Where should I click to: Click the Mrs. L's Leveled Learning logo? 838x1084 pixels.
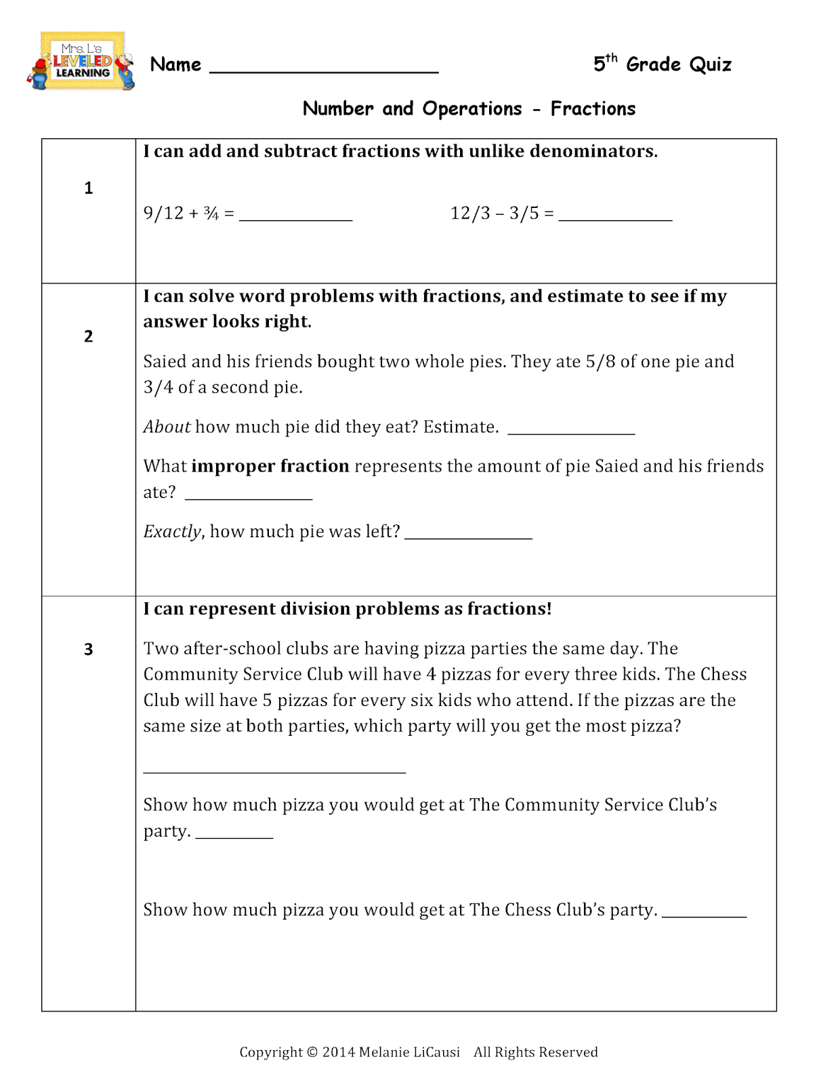tap(81, 62)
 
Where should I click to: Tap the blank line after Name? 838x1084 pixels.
tap(324, 68)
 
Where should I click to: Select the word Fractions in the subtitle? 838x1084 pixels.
tap(593, 108)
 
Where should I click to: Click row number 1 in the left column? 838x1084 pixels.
tap(89, 188)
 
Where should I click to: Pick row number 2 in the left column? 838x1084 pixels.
tap(89, 337)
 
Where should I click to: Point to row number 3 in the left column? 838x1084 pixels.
tap(89, 650)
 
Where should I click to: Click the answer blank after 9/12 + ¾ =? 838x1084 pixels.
tap(296, 217)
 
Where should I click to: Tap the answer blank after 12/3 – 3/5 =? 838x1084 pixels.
tap(615, 217)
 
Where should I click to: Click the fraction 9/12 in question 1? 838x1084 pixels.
tap(163, 213)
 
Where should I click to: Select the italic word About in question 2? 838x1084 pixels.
tap(167, 427)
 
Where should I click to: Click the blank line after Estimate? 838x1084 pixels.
tap(571, 431)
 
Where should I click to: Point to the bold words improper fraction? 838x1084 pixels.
tap(270, 466)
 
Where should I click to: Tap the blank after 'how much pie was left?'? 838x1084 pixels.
tap(468, 535)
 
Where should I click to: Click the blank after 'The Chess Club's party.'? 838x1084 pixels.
tap(704, 914)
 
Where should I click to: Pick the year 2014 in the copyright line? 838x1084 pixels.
tap(338, 1052)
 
